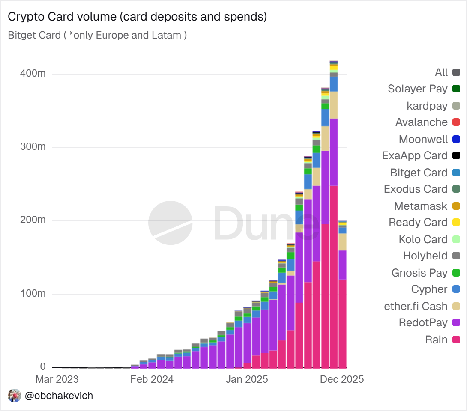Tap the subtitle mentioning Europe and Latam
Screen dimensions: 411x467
tap(97, 35)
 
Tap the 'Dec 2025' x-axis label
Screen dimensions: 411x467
tap(342, 379)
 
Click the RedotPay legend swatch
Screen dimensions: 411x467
tap(456, 323)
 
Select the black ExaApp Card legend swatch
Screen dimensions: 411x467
tap(456, 156)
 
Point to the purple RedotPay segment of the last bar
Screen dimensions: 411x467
tap(342, 265)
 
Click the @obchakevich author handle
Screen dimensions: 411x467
tap(59, 396)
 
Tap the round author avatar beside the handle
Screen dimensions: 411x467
tap(15, 396)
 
